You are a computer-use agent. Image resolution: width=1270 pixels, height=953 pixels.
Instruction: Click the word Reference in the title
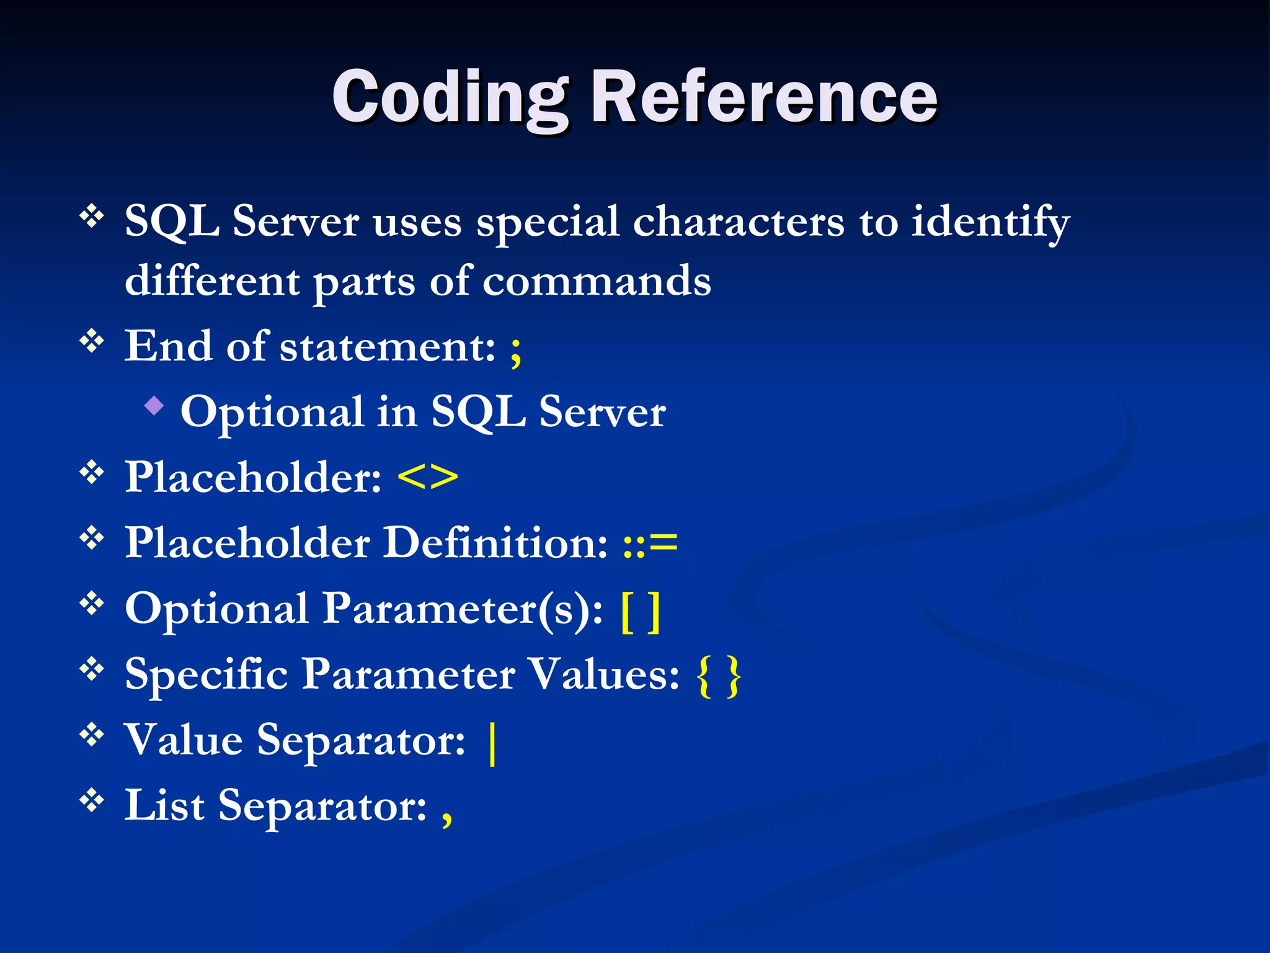(x=764, y=97)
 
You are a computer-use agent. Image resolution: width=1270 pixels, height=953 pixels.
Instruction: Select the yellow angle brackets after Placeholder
(x=427, y=478)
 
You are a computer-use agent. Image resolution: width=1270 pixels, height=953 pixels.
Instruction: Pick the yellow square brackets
(x=641, y=612)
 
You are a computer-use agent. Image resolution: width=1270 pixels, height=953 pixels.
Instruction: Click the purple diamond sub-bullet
(x=154, y=407)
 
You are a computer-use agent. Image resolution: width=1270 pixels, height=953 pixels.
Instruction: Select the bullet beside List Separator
(x=92, y=800)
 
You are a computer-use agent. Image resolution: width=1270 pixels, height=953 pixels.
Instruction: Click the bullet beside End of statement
(x=92, y=341)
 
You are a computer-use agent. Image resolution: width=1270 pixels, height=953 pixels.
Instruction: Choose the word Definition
(x=495, y=544)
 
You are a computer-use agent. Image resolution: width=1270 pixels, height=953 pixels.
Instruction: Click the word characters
(x=738, y=222)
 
